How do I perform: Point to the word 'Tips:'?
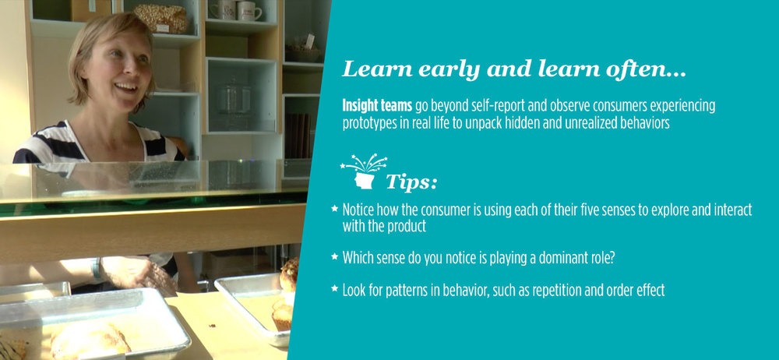pyautogui.click(x=411, y=182)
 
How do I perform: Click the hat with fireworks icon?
pyautogui.click(x=364, y=171)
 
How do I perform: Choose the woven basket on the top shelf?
pyautogui.click(x=160, y=19)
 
